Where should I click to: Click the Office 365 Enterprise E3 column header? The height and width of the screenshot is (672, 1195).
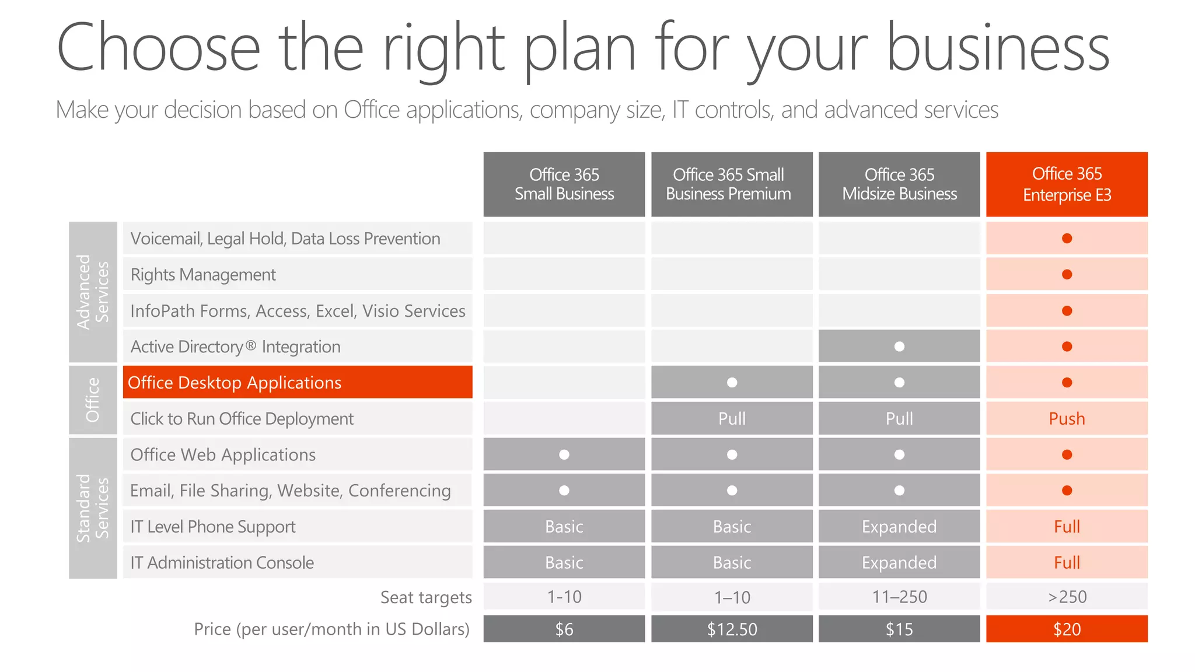[x=1067, y=184]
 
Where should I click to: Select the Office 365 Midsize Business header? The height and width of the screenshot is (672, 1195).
[x=899, y=184]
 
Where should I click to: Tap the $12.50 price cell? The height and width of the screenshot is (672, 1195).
[x=732, y=629]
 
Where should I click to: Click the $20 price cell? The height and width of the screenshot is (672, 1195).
[x=1067, y=629]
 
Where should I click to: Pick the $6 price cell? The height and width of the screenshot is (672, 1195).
[x=564, y=629]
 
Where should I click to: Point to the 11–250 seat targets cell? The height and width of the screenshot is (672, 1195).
[x=899, y=597]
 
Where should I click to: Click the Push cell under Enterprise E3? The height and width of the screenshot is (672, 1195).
[x=1067, y=418]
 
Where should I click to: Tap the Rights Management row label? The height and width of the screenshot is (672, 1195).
[x=203, y=274]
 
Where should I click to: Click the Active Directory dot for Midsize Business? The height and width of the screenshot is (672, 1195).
[x=899, y=346]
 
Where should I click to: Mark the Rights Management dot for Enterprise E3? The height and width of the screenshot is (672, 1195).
[x=1067, y=274]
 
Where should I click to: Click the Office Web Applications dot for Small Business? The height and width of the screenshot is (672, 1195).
[x=564, y=454]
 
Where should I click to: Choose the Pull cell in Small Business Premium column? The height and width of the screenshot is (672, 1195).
[x=732, y=418]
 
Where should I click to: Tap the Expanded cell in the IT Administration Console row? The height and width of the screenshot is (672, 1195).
[x=899, y=562]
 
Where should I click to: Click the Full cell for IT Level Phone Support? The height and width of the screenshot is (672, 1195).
[x=1067, y=526]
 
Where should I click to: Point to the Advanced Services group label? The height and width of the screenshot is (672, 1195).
[x=93, y=292]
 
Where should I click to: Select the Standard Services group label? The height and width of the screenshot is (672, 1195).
[x=93, y=508]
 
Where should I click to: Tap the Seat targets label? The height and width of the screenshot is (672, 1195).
[x=426, y=597]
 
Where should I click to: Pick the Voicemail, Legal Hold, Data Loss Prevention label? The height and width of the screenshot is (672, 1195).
[x=285, y=239]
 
